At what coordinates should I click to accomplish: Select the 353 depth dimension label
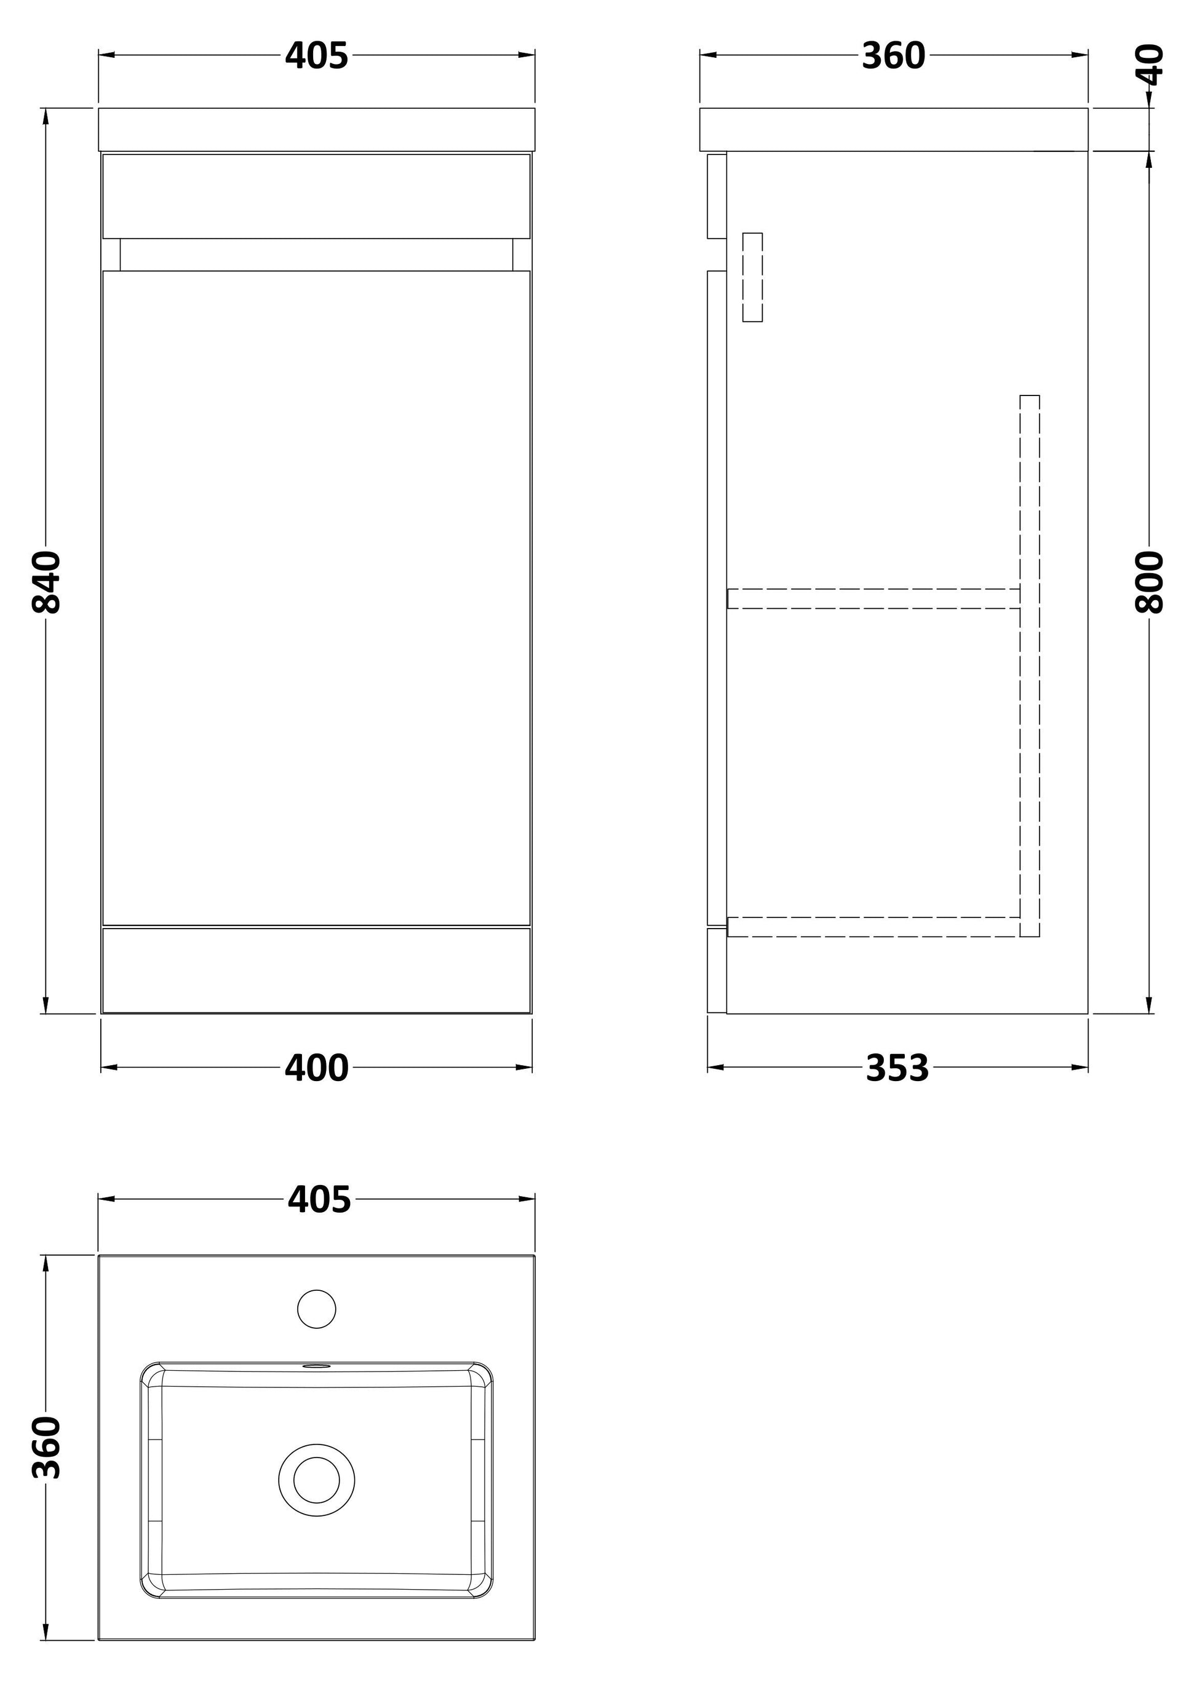click(x=897, y=1068)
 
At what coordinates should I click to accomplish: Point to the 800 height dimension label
click(x=1148, y=582)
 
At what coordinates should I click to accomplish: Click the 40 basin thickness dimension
click(x=1148, y=65)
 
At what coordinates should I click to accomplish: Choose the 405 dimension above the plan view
click(x=319, y=1200)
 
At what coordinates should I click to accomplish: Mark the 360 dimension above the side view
click(x=893, y=55)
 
